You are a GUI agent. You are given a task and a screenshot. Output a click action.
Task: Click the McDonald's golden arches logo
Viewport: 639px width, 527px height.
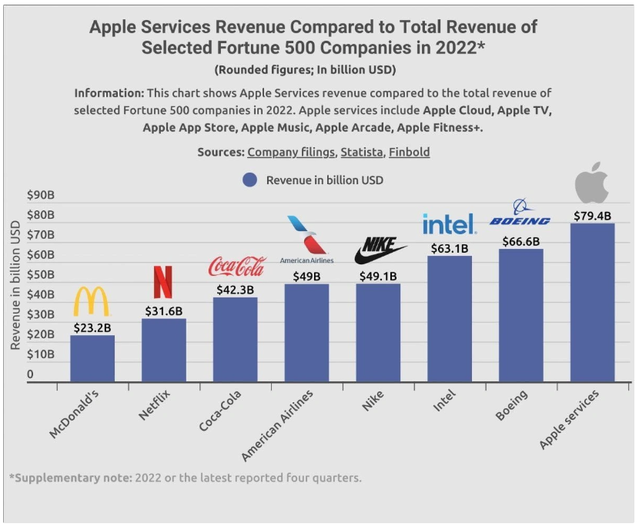pyautogui.click(x=92, y=301)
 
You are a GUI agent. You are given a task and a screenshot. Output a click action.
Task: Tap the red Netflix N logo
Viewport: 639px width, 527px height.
pyautogui.click(x=163, y=282)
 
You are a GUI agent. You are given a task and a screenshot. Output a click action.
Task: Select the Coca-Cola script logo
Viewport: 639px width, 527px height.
pyautogui.click(x=236, y=267)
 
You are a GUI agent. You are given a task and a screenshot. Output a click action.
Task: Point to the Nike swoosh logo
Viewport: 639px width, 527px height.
pyautogui.click(x=380, y=251)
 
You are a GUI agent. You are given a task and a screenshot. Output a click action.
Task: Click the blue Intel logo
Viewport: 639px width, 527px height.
pyautogui.click(x=449, y=224)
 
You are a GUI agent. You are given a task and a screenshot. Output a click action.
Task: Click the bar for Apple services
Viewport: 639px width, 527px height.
pyautogui.click(x=592, y=302)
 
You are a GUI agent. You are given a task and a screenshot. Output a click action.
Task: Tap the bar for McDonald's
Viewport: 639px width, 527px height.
pyautogui.click(x=92, y=357)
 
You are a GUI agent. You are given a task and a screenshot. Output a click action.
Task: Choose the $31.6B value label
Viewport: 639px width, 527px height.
pyautogui.click(x=164, y=310)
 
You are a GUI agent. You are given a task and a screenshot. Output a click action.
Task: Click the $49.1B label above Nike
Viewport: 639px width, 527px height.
pyautogui.click(x=378, y=276)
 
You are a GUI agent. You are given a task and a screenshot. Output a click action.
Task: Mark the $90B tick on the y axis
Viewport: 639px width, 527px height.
pyautogui.click(x=40, y=195)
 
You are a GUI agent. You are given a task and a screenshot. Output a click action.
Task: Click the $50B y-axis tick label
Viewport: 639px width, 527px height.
pyautogui.click(x=40, y=275)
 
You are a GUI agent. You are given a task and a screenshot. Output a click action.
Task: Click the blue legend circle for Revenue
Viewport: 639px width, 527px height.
pyautogui.click(x=249, y=180)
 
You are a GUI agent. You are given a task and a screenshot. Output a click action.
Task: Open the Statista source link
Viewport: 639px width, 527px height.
pyautogui.click(x=361, y=152)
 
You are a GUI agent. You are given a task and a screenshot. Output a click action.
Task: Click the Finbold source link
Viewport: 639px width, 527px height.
pyautogui.click(x=409, y=152)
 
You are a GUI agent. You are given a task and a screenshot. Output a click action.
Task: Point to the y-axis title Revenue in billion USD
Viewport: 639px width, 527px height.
pyautogui.click(x=15, y=285)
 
